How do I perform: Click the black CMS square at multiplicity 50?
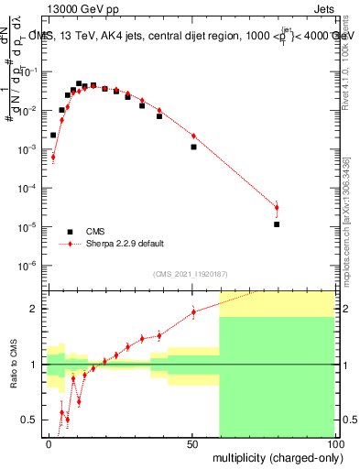pos(193,147)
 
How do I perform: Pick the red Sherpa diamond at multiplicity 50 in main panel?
pos(193,135)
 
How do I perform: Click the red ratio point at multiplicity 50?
pos(193,312)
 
